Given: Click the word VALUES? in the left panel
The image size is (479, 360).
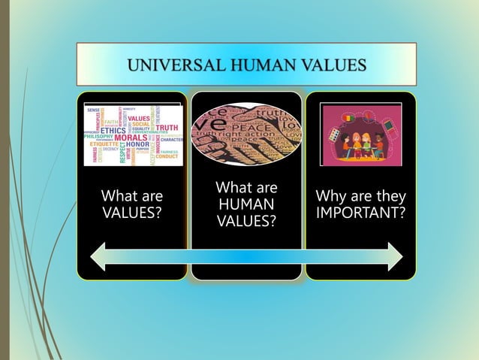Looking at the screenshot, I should [131, 213].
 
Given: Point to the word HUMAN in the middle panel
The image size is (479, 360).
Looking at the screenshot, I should [246, 204].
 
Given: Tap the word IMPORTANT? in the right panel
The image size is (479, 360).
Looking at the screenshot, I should [361, 213].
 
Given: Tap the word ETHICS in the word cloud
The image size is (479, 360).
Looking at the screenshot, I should [113, 129].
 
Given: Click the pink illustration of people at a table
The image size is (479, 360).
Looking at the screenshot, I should [360, 134].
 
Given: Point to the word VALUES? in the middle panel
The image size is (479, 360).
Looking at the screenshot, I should [246, 221].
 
